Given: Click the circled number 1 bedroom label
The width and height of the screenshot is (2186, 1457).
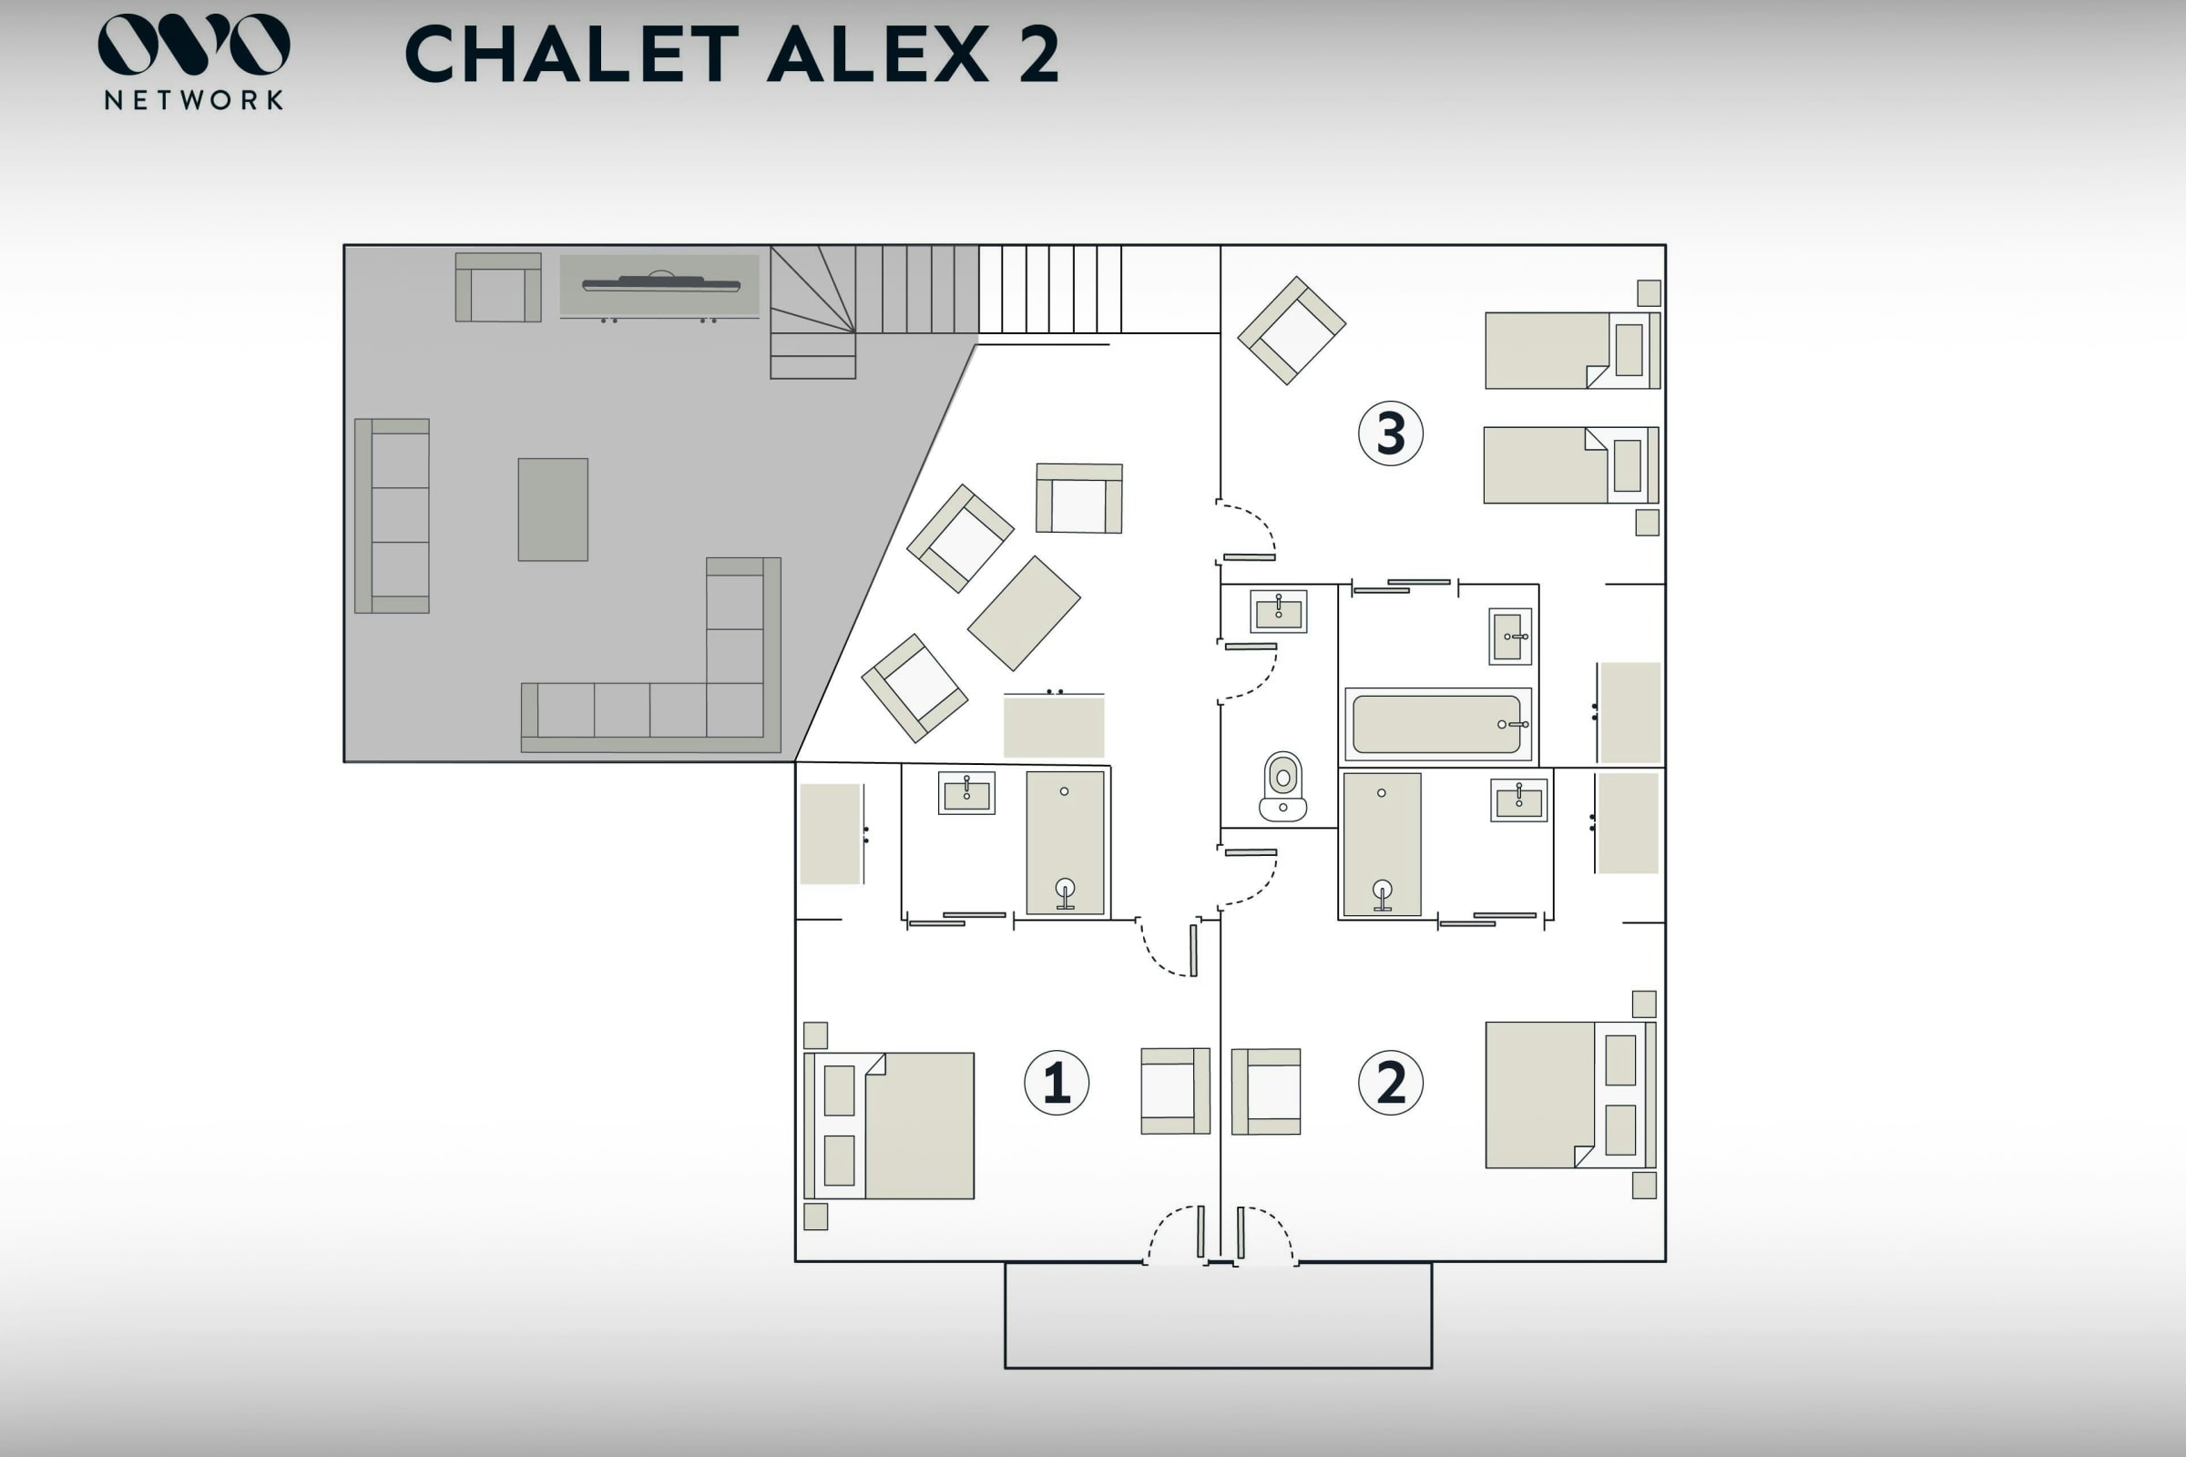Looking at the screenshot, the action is click(x=1056, y=1083).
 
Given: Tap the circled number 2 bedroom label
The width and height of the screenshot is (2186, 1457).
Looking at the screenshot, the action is click(x=1391, y=1083).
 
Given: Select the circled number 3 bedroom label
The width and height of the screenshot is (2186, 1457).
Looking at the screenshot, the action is click(x=1391, y=433).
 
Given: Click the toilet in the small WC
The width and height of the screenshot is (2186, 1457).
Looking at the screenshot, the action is click(x=1282, y=787).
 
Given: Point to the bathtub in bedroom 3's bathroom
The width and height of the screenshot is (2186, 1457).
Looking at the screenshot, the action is click(x=1438, y=725).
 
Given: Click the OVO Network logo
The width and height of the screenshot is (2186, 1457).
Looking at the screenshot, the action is click(x=193, y=61).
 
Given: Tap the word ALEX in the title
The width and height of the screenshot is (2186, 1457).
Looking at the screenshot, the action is click(x=878, y=54).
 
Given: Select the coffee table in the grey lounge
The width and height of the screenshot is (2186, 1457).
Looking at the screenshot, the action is click(x=553, y=509).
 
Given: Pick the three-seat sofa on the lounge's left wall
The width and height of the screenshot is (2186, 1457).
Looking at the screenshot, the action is click(x=392, y=515).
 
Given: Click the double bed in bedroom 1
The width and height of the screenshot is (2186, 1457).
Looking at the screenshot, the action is click(x=890, y=1126).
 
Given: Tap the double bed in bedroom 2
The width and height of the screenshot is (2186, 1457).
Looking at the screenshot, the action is click(x=1570, y=1095).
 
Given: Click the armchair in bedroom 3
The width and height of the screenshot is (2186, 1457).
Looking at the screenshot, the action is click(x=1291, y=330).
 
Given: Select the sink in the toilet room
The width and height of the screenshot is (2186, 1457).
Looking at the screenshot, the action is click(x=1278, y=611).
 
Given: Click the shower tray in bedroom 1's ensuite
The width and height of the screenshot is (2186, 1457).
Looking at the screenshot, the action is click(x=1065, y=843).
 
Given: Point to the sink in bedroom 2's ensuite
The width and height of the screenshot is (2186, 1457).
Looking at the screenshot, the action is click(x=1518, y=800).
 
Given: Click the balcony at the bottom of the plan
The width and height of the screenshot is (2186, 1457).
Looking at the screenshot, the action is click(x=1218, y=1315).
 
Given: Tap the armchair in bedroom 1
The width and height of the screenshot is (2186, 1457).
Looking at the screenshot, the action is click(x=1175, y=1091).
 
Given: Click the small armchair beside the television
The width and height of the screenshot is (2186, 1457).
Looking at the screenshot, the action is click(x=498, y=287).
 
